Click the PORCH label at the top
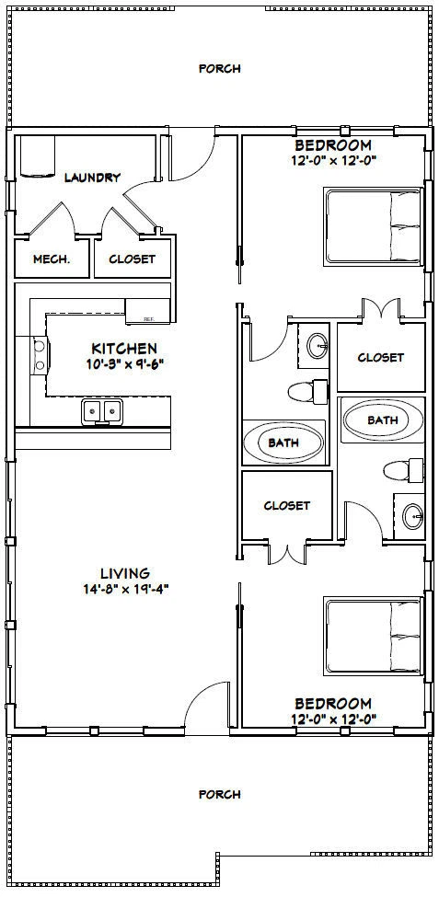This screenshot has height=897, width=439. pyautogui.click(x=219, y=68)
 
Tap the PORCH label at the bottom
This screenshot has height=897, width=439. pyautogui.click(x=219, y=794)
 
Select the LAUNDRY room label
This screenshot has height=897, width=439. pyautogui.click(x=92, y=177)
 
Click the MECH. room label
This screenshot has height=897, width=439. pyautogui.click(x=52, y=259)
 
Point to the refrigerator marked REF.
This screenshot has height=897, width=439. pyautogui.click(x=147, y=311)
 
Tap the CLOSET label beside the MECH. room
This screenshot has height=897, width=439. pyautogui.click(x=132, y=259)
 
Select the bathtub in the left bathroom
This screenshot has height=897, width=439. pyautogui.click(x=283, y=443)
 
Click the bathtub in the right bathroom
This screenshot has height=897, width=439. pyautogui.click(x=383, y=420)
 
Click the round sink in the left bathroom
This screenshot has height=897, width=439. pyautogui.click(x=318, y=346)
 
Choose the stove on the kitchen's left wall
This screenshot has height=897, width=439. pyautogui.click(x=39, y=356)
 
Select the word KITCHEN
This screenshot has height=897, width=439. pyautogui.click(x=123, y=348)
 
